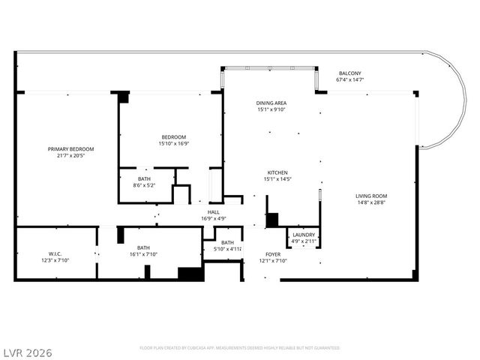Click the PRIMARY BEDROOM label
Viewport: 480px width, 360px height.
coord(71,149)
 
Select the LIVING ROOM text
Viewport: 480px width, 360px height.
coord(371,196)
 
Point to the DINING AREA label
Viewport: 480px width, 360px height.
coord(271,103)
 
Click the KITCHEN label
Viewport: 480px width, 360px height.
coord(277,172)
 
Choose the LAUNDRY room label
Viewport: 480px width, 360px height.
coord(304,235)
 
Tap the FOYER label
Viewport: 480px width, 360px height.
coord(272,254)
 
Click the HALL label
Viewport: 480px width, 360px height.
coord(214,213)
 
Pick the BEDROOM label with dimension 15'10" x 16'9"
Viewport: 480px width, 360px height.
coord(173,136)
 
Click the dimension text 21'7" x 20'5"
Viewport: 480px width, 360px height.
coord(71,157)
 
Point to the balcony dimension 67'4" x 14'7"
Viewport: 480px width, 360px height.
coord(349,79)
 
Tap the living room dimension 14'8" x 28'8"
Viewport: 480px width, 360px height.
coord(371,203)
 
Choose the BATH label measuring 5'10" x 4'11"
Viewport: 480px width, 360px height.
coord(227,242)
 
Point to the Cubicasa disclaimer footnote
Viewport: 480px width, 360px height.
coord(240,348)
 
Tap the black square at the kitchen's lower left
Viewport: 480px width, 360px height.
coord(272,220)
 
